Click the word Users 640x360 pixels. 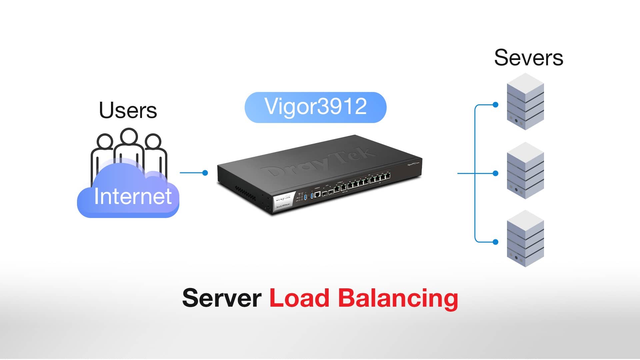[128, 110]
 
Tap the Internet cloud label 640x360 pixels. [133, 196]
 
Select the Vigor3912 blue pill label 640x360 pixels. [315, 107]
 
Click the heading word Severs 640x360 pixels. [528, 58]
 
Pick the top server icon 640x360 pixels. [525, 102]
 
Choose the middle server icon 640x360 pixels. [525, 171]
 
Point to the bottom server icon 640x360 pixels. [525, 239]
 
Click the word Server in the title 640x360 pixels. [222, 298]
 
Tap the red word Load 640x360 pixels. [299, 298]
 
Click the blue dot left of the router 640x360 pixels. [205, 173]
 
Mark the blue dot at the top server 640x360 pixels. [496, 105]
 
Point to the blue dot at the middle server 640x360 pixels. [496, 173]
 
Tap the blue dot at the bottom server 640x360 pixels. [496, 242]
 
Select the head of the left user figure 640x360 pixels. [105, 141]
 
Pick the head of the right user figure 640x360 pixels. [153, 141]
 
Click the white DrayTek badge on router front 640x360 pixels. [283, 201]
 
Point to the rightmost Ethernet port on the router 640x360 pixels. [387, 176]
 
